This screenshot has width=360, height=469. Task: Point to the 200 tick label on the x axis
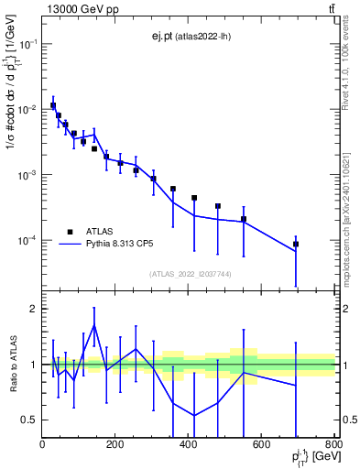click(x=115, y=444)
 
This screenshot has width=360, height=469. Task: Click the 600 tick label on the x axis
click(x=261, y=444)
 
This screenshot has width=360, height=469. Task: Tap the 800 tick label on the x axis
click(x=333, y=444)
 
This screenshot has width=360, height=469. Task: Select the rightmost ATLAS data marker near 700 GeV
click(x=296, y=245)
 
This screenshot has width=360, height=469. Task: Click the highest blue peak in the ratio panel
click(x=94, y=324)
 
